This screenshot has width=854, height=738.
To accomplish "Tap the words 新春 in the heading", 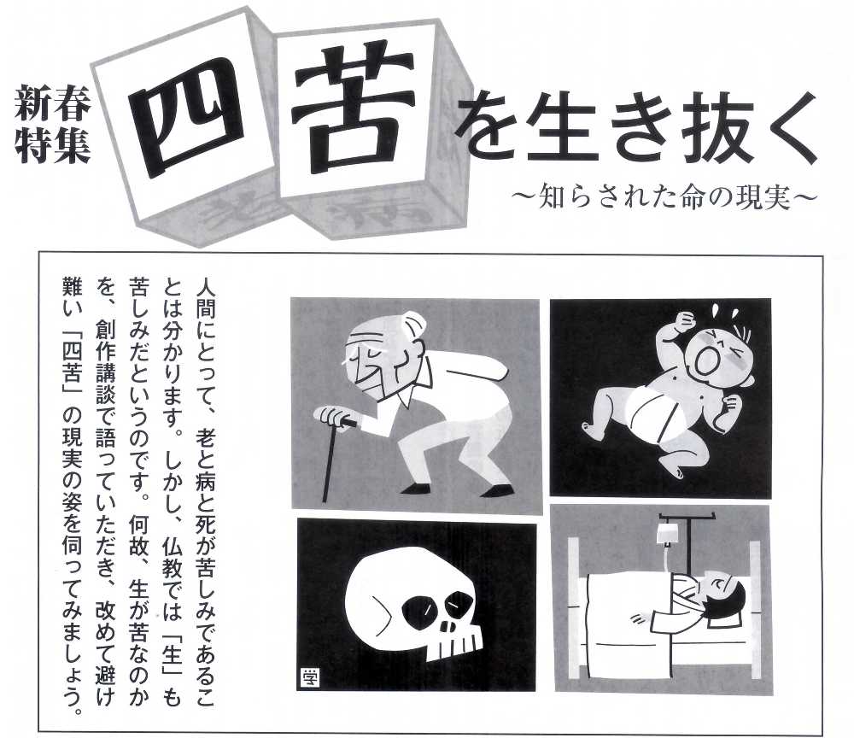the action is point(52,103).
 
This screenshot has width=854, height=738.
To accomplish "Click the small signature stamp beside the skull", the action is point(309,678).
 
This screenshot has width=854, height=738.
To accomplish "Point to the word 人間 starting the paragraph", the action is point(205,298).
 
